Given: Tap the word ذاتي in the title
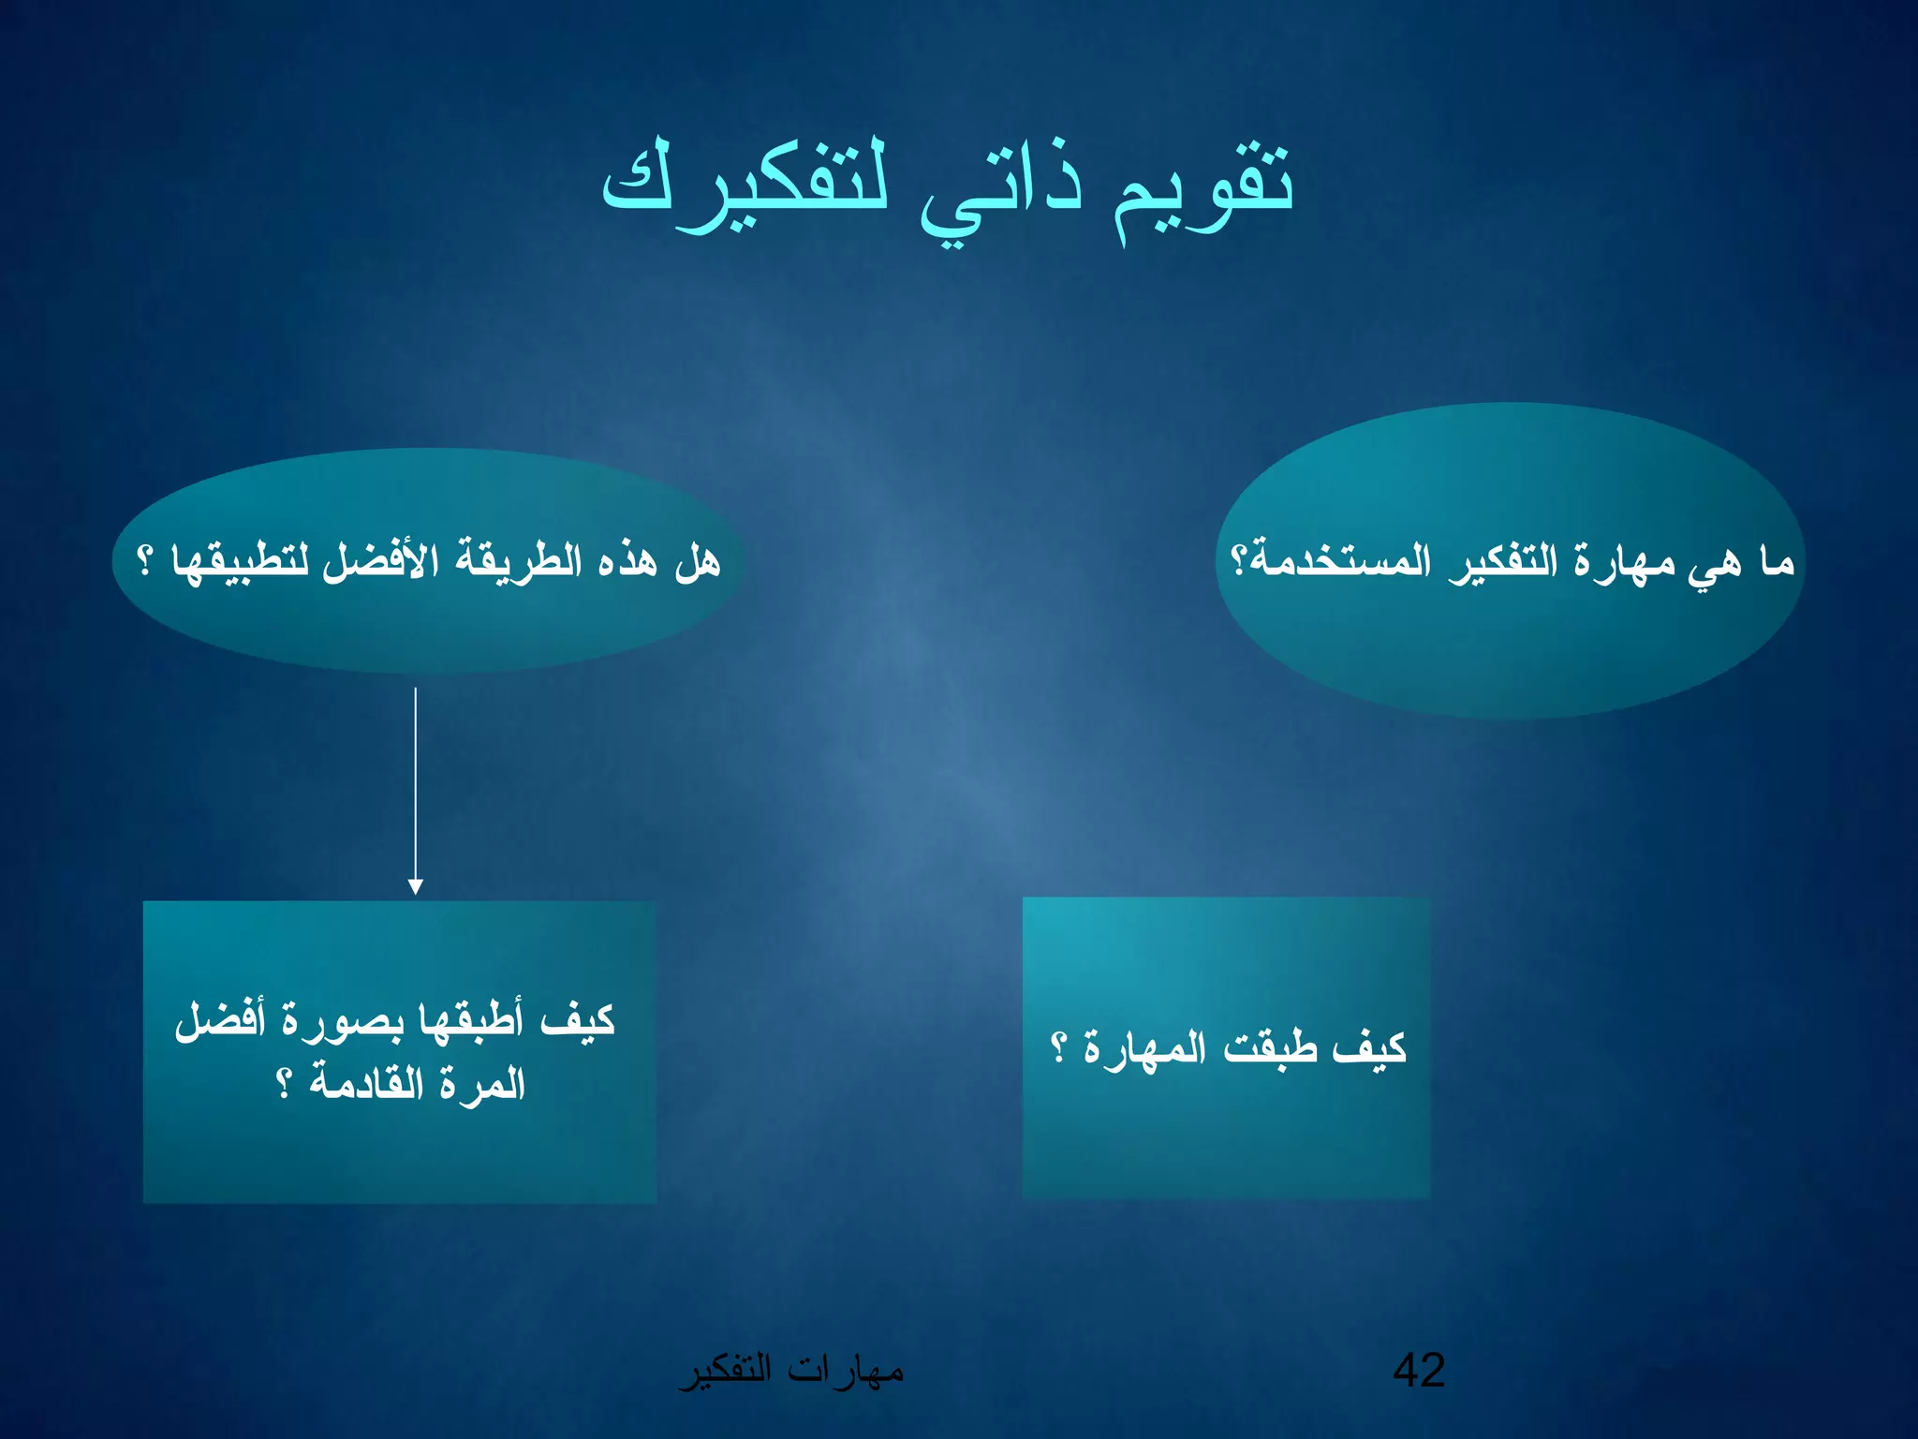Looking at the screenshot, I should click(x=1000, y=192).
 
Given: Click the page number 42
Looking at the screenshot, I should click(x=1419, y=1370).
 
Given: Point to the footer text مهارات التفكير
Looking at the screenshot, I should click(x=791, y=1371).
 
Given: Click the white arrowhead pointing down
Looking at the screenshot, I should click(x=416, y=886).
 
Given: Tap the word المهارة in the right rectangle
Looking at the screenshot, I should click(x=1145, y=1047).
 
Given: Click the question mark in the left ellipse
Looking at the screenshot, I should click(x=145, y=561).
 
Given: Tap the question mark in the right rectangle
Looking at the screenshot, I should click(x=1058, y=1047).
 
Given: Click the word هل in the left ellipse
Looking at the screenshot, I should click(x=698, y=561).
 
